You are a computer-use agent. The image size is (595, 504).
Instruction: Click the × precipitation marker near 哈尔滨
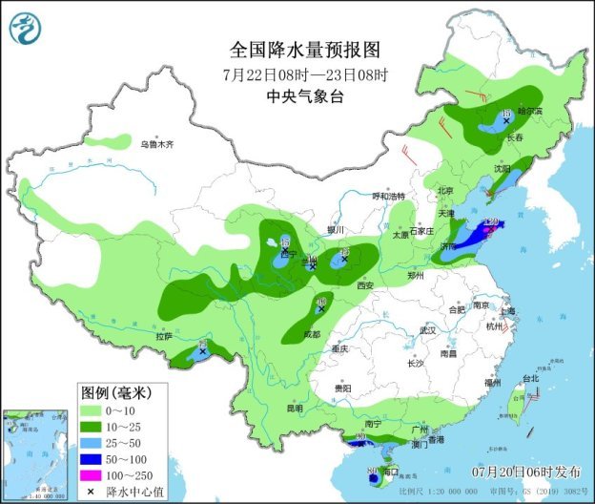pos(506,121)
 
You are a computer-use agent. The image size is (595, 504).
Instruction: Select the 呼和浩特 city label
pos(388,196)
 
